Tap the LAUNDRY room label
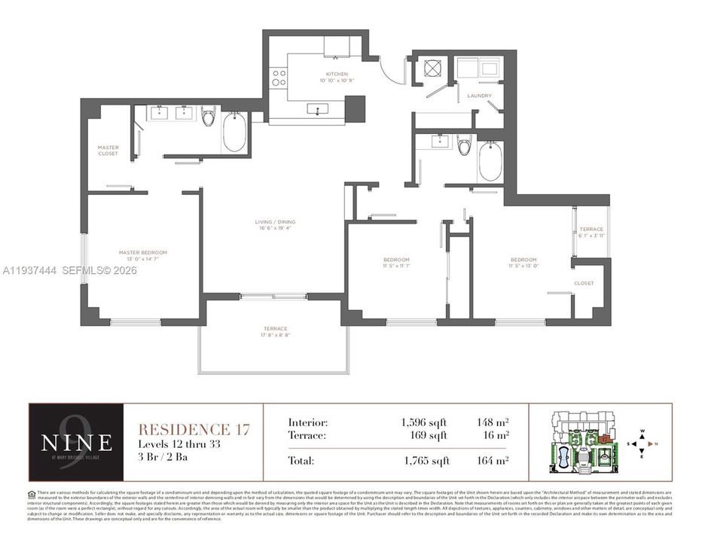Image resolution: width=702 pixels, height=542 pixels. pyautogui.click(x=479, y=96)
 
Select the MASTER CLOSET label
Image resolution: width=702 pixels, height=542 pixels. pyautogui.click(x=108, y=150)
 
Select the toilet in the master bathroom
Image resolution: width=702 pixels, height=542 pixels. pyautogui.click(x=209, y=117)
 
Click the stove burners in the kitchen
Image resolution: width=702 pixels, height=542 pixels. pyautogui.click(x=279, y=78)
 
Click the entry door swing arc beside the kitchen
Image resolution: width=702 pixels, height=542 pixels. pyautogui.click(x=392, y=72)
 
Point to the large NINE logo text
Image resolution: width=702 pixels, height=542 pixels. pyautogui.click(x=76, y=441)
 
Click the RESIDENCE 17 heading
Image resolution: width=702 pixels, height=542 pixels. pyautogui.click(x=194, y=429)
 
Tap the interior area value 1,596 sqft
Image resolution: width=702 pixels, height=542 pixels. pyautogui.click(x=425, y=423)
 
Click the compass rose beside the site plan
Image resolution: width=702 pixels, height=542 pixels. pyautogui.click(x=642, y=445)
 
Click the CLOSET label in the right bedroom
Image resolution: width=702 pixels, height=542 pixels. pyautogui.click(x=584, y=284)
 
